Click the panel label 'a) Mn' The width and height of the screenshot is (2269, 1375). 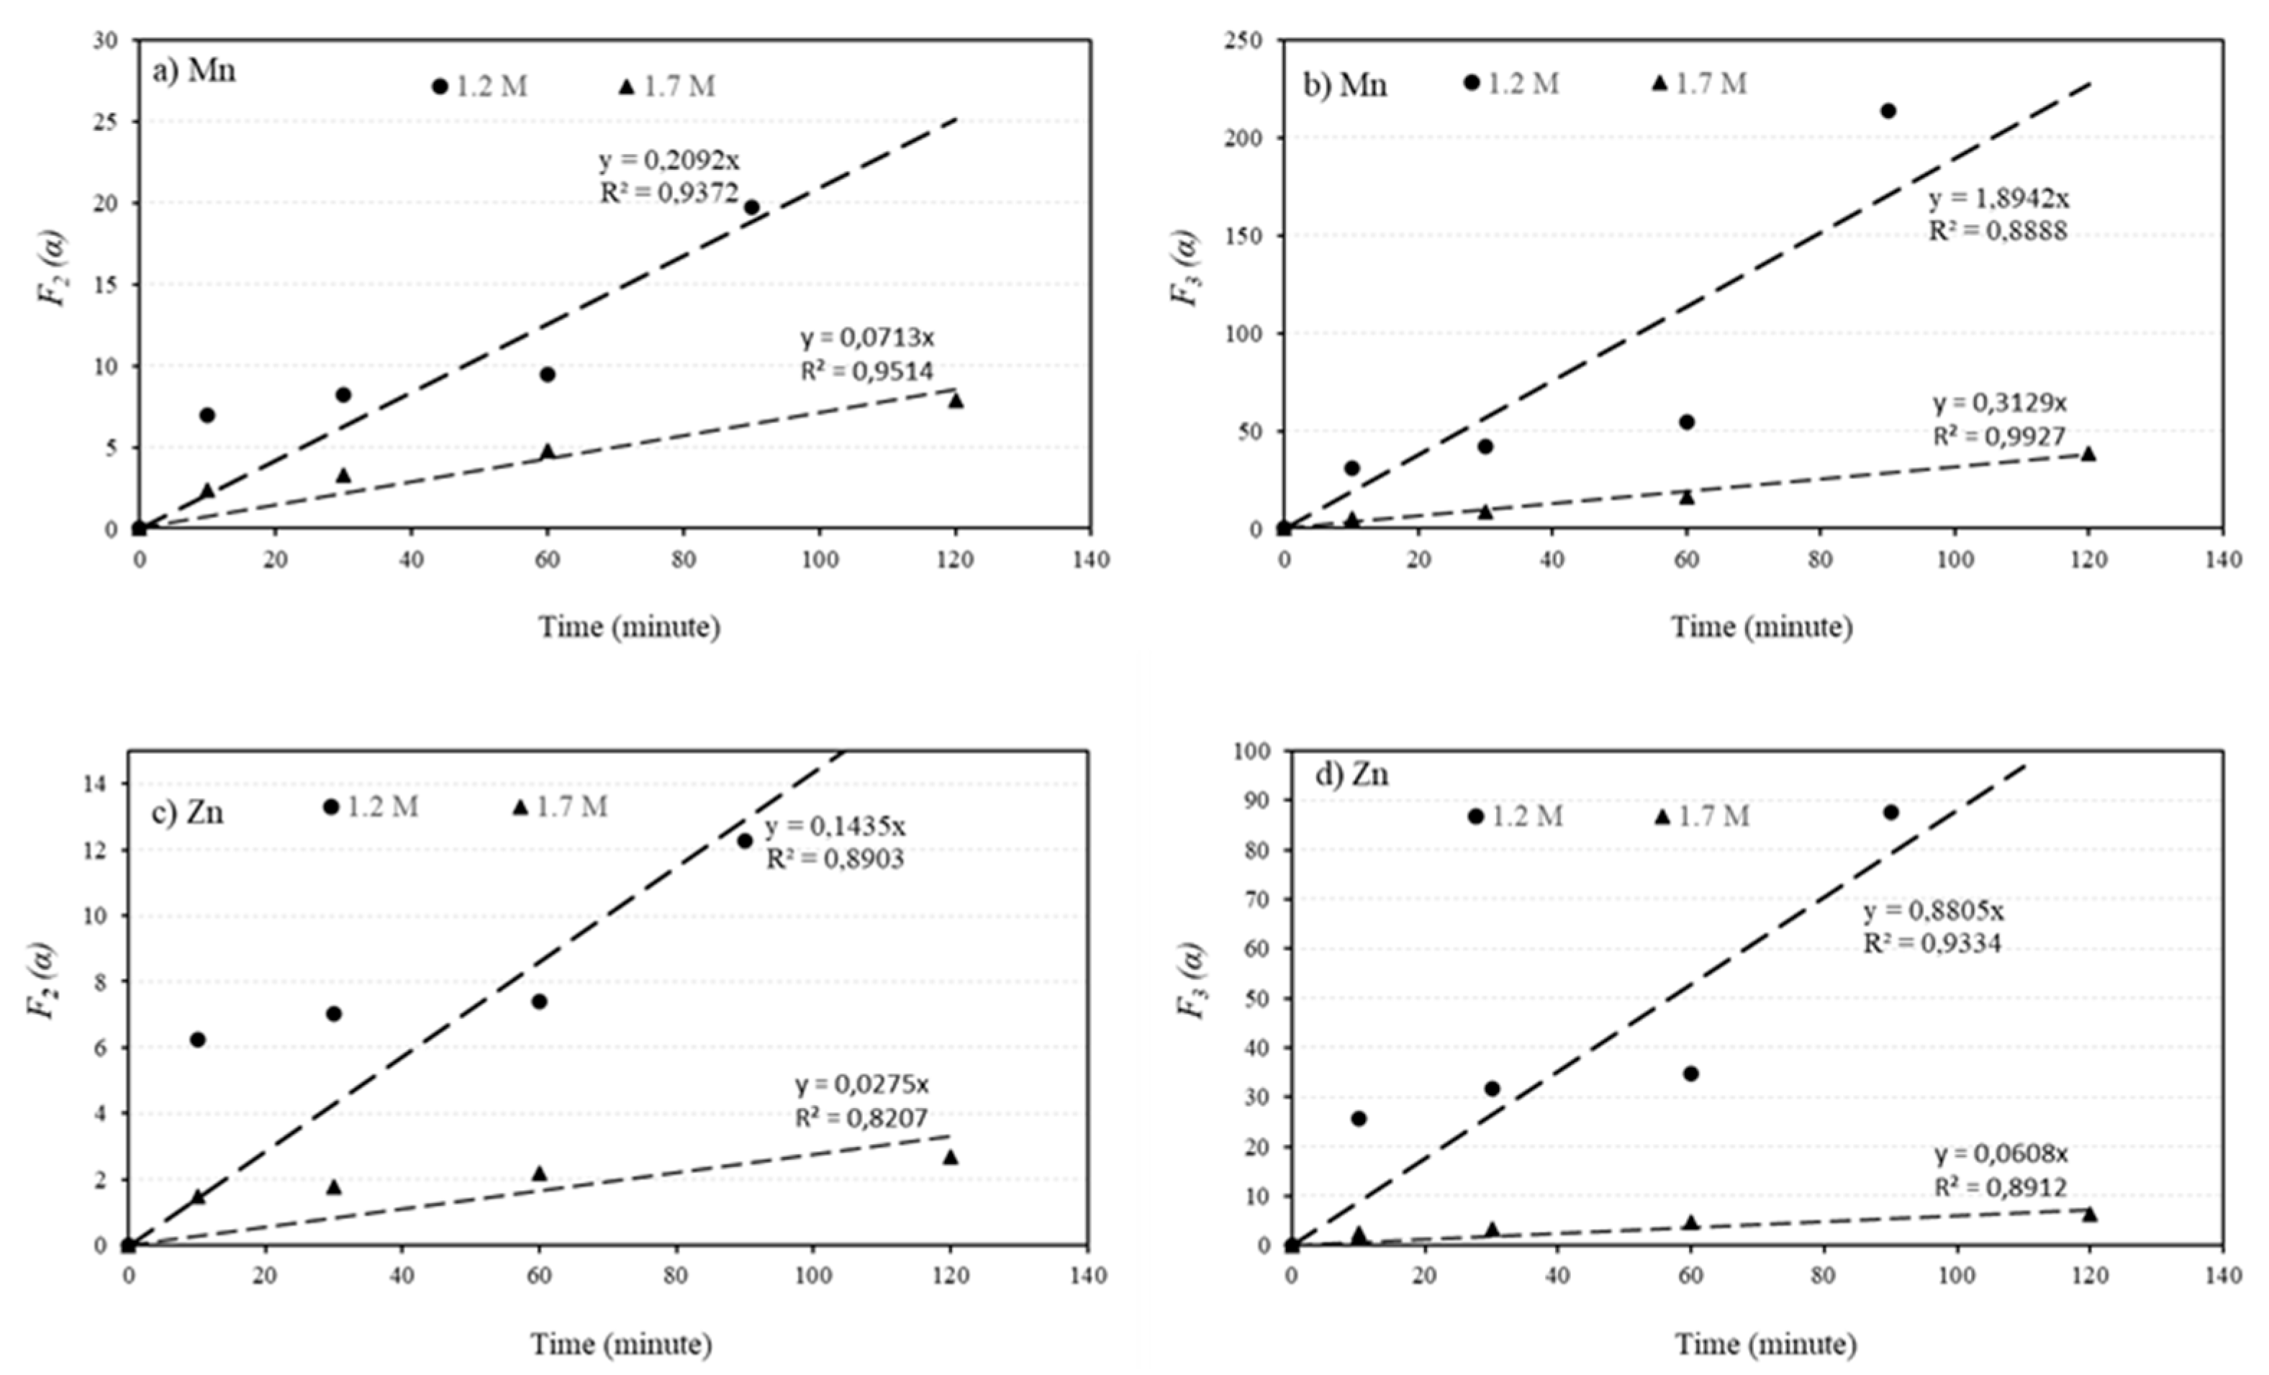(194, 71)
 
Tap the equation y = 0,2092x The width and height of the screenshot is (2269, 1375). (669, 160)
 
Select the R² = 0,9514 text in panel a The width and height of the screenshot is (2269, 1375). (866, 371)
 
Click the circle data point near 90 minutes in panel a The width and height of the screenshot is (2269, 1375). (751, 207)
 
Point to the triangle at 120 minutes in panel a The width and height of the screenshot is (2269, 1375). (956, 401)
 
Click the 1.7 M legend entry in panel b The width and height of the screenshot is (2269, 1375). (1699, 83)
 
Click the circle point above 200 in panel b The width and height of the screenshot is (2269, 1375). (1888, 111)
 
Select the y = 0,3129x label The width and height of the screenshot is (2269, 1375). (1999, 404)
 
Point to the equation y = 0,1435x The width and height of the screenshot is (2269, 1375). (835, 826)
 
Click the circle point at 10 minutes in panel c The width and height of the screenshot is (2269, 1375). (197, 1039)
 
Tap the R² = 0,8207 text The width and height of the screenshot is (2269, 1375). (861, 1117)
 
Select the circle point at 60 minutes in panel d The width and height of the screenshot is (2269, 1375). (1690, 1073)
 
